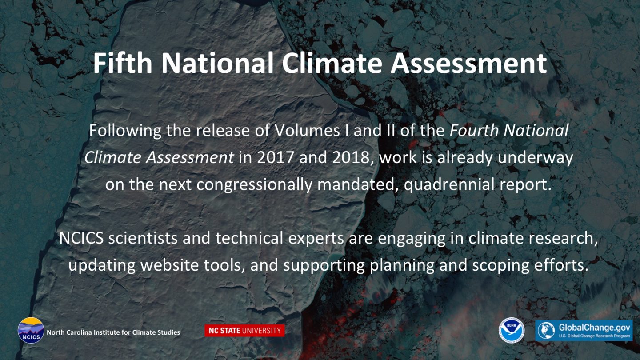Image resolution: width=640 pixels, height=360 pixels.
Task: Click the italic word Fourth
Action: tap(474, 130)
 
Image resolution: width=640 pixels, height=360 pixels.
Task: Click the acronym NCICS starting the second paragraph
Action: tap(81, 238)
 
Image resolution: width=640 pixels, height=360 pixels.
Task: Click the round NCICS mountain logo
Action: tap(31, 330)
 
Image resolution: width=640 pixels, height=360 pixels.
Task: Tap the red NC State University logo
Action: tap(244, 331)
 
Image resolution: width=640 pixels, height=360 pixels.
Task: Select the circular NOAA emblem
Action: tap(512, 331)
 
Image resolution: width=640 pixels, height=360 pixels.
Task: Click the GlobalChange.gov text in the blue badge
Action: tap(594, 328)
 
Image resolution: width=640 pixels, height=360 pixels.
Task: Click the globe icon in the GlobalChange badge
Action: tap(546, 331)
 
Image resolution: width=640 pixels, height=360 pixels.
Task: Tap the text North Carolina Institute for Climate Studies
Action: tap(113, 332)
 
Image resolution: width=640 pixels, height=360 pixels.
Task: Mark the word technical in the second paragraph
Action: tap(249, 238)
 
